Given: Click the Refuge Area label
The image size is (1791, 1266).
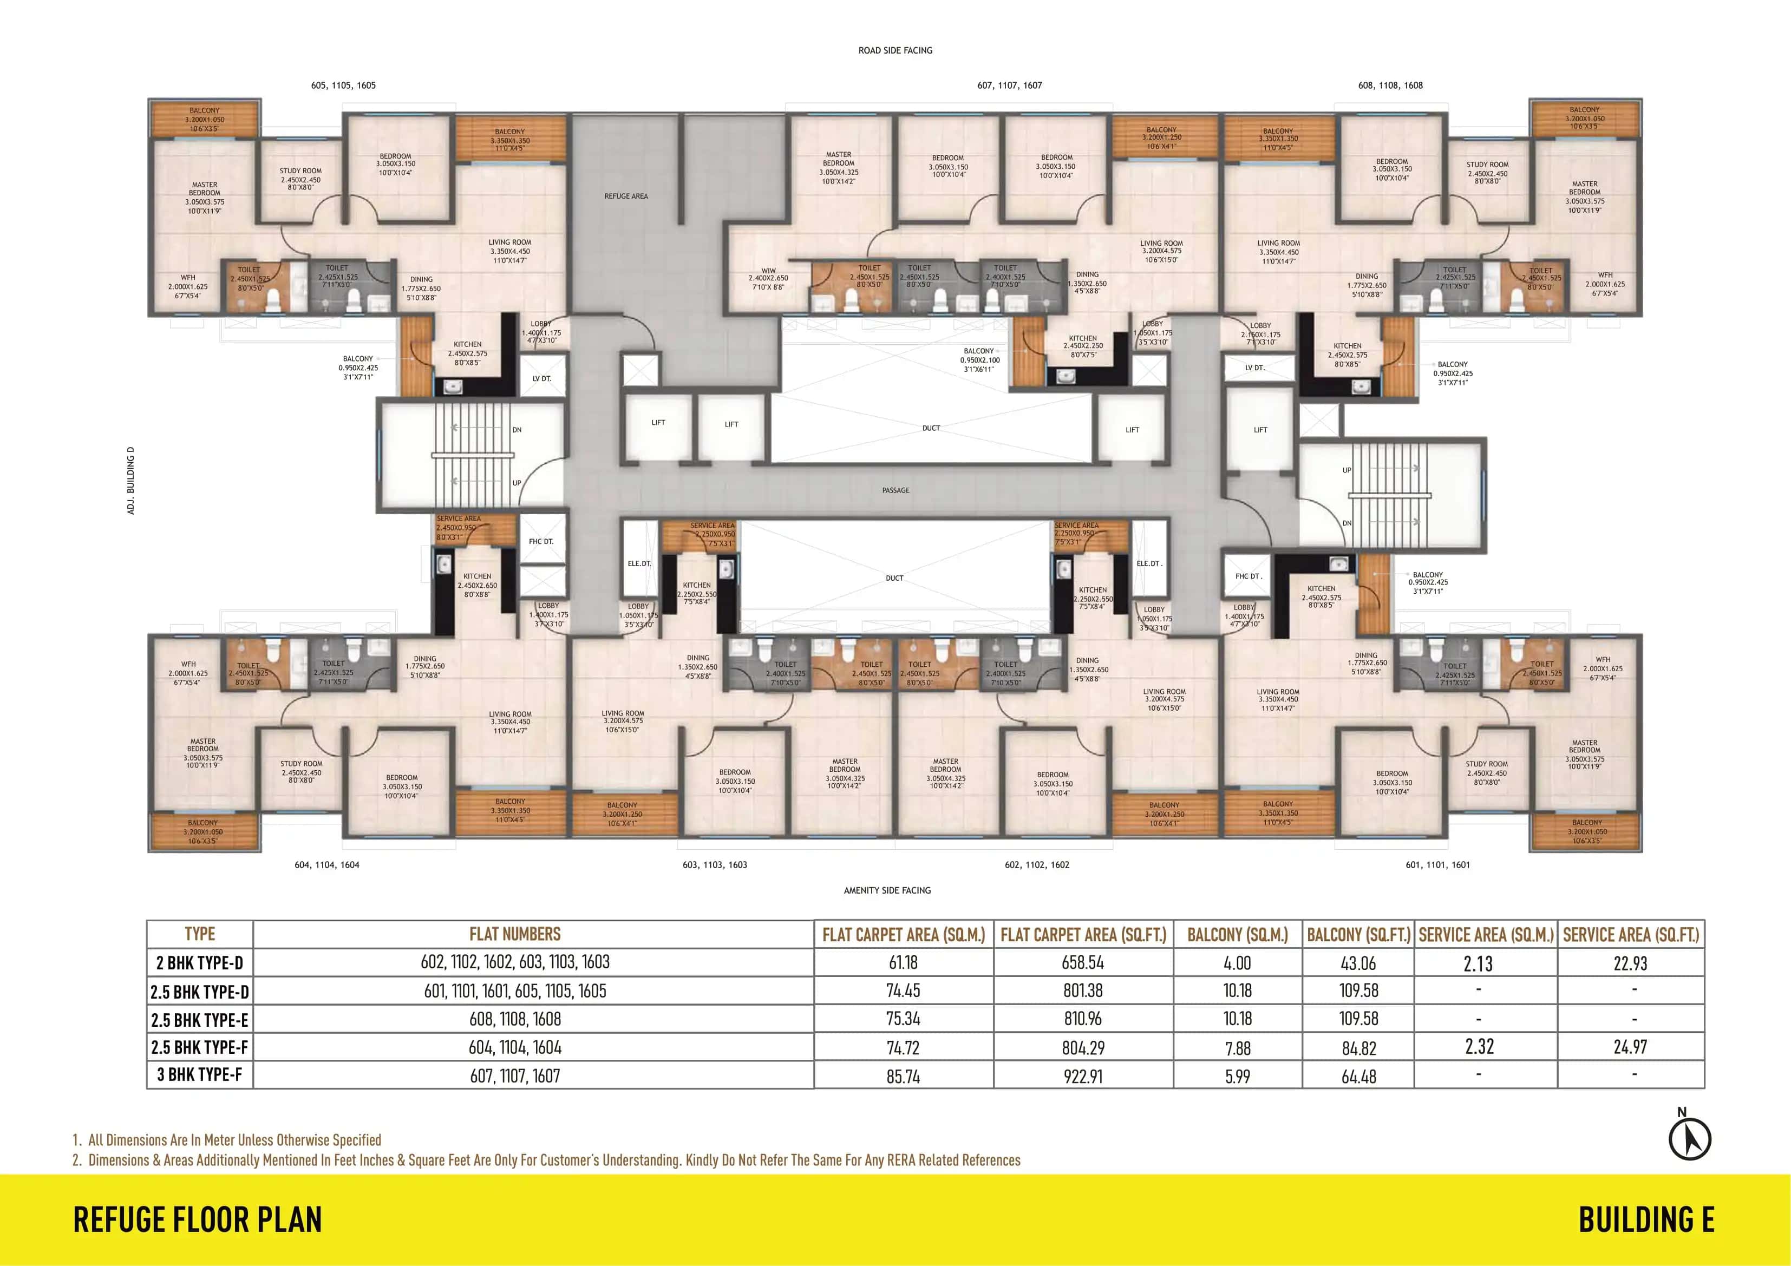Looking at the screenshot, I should [x=625, y=196].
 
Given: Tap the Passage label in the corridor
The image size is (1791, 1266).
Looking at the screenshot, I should [x=895, y=490].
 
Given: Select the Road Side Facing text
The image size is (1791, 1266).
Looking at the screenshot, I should [x=895, y=50].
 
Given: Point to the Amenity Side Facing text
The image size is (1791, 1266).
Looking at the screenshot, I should [x=887, y=890].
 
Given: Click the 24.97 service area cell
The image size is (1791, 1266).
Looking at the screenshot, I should [x=1630, y=1047].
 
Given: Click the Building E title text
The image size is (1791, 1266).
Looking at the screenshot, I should [x=1646, y=1220].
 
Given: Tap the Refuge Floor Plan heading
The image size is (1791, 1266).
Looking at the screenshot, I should [x=198, y=1220].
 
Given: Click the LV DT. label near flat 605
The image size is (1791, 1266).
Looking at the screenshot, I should [x=541, y=378].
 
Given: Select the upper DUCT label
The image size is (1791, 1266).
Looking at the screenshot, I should [x=931, y=428].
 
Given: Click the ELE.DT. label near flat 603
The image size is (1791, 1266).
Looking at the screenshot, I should [x=639, y=563].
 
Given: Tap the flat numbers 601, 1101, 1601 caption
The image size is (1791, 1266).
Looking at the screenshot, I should [x=1437, y=864].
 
